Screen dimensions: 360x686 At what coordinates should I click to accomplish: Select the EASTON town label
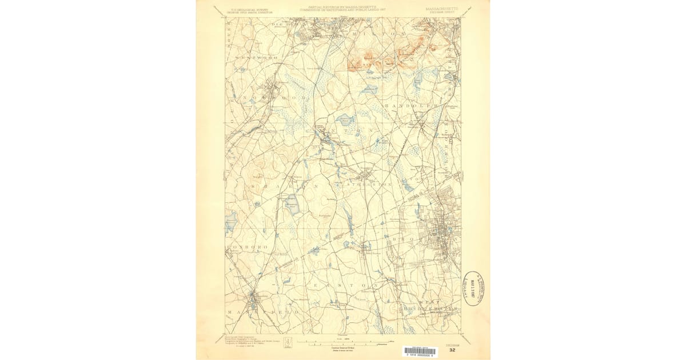[344, 285]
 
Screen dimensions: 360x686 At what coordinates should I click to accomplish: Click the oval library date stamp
[473, 289]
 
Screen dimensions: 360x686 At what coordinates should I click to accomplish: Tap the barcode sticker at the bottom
[418, 351]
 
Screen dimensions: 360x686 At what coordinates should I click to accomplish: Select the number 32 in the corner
[452, 350]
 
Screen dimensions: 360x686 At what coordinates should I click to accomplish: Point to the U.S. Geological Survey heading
[249, 9]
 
